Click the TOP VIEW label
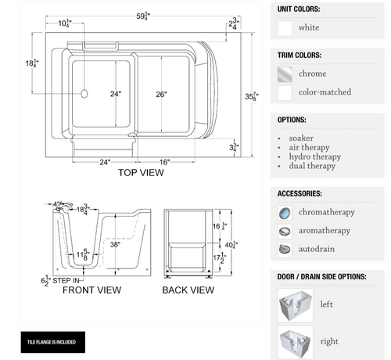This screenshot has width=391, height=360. (141, 173)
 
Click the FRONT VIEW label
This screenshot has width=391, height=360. (92, 290)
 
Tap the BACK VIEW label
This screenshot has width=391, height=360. (188, 290)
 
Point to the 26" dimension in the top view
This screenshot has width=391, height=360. (161, 95)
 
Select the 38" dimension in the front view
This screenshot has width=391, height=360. (115, 243)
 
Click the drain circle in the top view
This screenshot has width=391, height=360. (84, 93)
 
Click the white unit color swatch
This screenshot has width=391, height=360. (285, 28)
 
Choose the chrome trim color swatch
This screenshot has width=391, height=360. (285, 74)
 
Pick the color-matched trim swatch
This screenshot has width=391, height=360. (285, 92)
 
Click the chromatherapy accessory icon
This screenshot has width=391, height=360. (285, 212)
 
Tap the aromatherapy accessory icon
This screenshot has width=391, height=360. (285, 231)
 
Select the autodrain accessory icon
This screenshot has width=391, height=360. (285, 250)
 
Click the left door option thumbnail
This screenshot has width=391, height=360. (295, 304)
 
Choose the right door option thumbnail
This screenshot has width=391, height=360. (295, 341)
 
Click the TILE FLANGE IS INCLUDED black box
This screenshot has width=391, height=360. (52, 342)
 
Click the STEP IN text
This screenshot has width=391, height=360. (66, 279)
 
